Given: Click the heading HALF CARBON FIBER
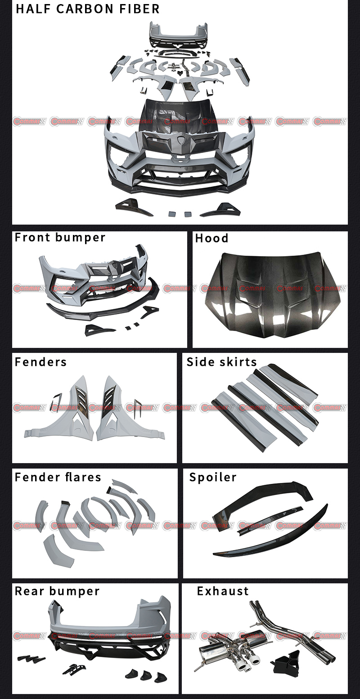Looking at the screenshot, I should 87,9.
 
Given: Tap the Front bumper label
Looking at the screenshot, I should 60,238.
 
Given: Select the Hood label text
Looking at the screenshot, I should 211,239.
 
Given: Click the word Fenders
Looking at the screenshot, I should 40,362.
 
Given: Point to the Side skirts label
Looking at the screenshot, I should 221,362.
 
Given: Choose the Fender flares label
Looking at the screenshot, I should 58,477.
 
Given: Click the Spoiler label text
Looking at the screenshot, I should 213,477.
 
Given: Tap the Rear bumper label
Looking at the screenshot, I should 57,591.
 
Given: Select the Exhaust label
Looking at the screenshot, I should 223,591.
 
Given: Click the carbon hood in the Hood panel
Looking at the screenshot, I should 270,293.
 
